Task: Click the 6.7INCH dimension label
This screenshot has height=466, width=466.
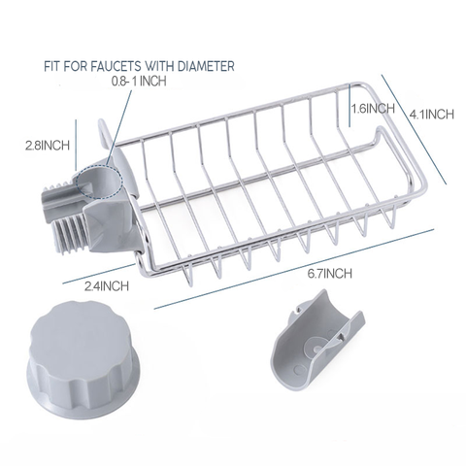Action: (330, 274)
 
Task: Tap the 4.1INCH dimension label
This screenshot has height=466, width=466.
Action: (432, 115)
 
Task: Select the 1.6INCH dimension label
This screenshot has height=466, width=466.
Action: (373, 109)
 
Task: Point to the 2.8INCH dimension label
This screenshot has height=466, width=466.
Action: (48, 145)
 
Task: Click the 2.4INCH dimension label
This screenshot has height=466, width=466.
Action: (107, 286)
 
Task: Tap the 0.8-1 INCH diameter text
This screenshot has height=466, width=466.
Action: (139, 81)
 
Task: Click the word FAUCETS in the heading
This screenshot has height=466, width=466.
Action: (116, 66)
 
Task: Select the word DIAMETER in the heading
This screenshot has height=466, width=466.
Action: (206, 66)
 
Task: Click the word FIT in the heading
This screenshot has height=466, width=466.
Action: (52, 66)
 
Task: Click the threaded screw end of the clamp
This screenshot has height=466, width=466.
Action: (69, 231)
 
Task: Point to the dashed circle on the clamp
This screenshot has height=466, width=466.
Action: (99, 181)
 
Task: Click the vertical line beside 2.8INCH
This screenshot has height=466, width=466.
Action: (76, 145)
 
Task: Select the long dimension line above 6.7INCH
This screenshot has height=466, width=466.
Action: (293, 269)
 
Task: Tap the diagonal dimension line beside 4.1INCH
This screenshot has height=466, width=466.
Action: (414, 129)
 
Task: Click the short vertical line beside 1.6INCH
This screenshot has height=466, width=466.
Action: (349, 105)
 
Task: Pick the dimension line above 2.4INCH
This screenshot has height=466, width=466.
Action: (98, 274)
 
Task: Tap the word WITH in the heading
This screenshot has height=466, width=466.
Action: (159, 66)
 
